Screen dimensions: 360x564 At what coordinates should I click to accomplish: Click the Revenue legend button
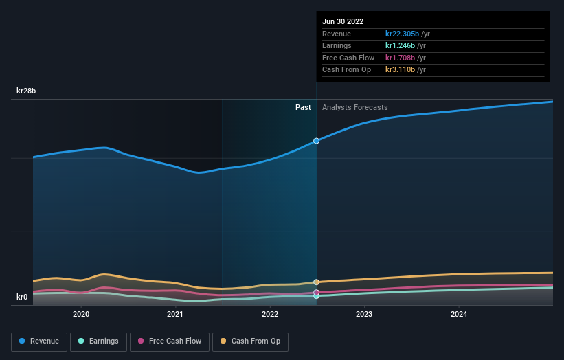pyautogui.click(x=40, y=341)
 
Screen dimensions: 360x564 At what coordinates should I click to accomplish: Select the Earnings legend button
pyautogui.click(x=98, y=341)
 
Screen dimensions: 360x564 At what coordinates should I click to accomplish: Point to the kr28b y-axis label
pyautogui.click(x=27, y=91)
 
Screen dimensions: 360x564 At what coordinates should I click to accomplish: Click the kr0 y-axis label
pyautogui.click(x=23, y=297)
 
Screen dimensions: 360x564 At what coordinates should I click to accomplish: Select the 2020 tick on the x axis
pyautogui.click(x=81, y=314)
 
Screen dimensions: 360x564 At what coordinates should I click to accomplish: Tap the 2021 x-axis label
pyautogui.click(x=175, y=314)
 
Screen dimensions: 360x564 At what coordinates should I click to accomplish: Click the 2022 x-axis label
pyautogui.click(x=270, y=314)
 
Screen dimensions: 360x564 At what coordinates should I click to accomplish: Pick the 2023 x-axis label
pyautogui.click(x=364, y=314)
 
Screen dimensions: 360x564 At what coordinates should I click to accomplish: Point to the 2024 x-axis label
pyautogui.click(x=459, y=314)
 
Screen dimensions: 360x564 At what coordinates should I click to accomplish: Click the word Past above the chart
pyautogui.click(x=303, y=107)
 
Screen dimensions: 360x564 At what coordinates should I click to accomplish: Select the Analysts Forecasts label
pyautogui.click(x=354, y=107)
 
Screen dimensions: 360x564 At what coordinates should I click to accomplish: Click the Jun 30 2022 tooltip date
pyautogui.click(x=343, y=21)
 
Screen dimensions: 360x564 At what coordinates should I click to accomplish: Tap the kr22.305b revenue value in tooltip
pyautogui.click(x=402, y=34)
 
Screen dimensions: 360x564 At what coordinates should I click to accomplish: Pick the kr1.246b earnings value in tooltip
pyautogui.click(x=401, y=46)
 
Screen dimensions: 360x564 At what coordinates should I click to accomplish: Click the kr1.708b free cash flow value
pyautogui.click(x=401, y=58)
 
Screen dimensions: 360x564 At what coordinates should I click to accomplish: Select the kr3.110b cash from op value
pyautogui.click(x=401, y=70)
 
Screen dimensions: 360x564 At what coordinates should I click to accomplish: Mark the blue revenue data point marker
pyautogui.click(x=317, y=141)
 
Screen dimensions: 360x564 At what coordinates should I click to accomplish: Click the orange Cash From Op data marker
pyautogui.click(x=317, y=282)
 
